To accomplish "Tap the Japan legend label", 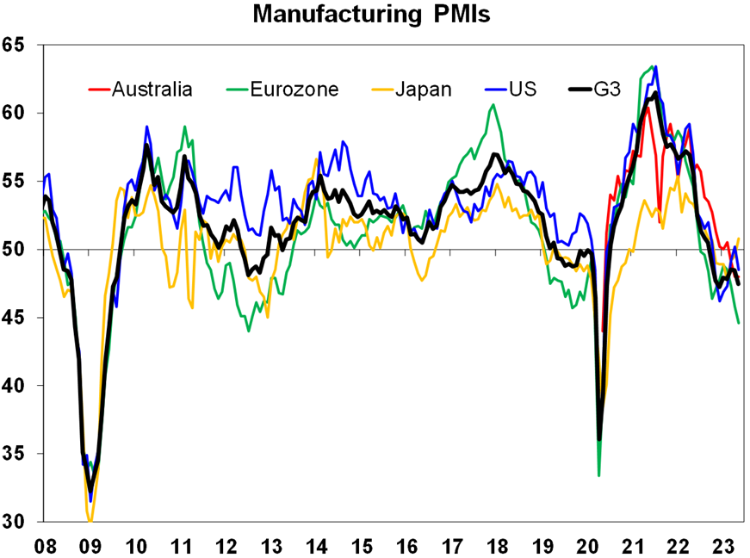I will tap(422, 89).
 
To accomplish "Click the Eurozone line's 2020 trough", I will tap(598, 475).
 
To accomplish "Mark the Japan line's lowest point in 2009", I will tap(90, 521).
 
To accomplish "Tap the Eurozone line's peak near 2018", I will tap(493, 105).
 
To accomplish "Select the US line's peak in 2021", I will tap(655, 66).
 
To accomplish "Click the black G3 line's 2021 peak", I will tap(655, 93).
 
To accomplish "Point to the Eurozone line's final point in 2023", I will tap(738, 323).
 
